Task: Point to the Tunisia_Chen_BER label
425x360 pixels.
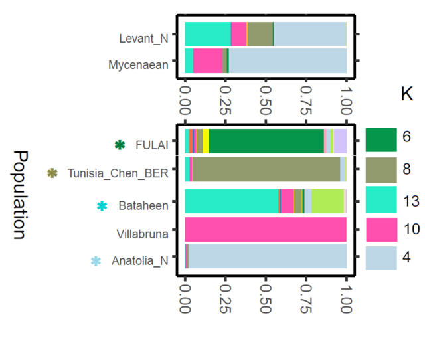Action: pyautogui.click(x=118, y=174)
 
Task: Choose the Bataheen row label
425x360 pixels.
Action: pyautogui.click(x=143, y=206)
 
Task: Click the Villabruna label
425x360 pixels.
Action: pyautogui.click(x=142, y=234)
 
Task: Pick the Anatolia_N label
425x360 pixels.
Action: pyautogui.click(x=140, y=261)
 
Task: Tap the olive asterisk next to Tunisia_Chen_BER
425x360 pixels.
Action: pyautogui.click(x=52, y=174)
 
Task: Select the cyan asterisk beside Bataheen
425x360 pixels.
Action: pyautogui.click(x=102, y=206)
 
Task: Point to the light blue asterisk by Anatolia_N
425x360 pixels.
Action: pyautogui.click(x=96, y=261)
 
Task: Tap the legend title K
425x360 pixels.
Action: pyautogui.click(x=406, y=94)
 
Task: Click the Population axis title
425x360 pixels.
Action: pyautogui.click(x=20, y=195)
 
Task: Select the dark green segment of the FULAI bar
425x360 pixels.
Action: pyautogui.click(x=266, y=141)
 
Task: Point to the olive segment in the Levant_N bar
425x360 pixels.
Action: pyautogui.click(x=260, y=34)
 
